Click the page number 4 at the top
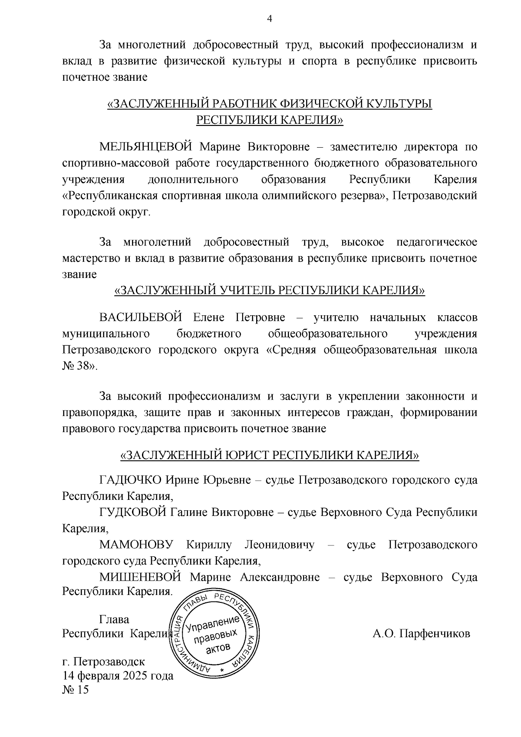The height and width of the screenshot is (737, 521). click(270, 19)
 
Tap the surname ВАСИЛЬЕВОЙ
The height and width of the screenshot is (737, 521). click(140, 317)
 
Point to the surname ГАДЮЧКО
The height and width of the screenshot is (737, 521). click(130, 480)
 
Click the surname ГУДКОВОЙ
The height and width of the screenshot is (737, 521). click(132, 512)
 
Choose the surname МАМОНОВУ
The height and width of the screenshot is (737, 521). click(136, 545)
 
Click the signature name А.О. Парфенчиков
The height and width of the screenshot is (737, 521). click(421, 634)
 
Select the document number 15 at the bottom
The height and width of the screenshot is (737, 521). click(82, 690)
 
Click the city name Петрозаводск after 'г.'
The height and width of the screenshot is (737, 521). click(109, 662)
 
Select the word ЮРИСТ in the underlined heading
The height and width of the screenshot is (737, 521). click(248, 455)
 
